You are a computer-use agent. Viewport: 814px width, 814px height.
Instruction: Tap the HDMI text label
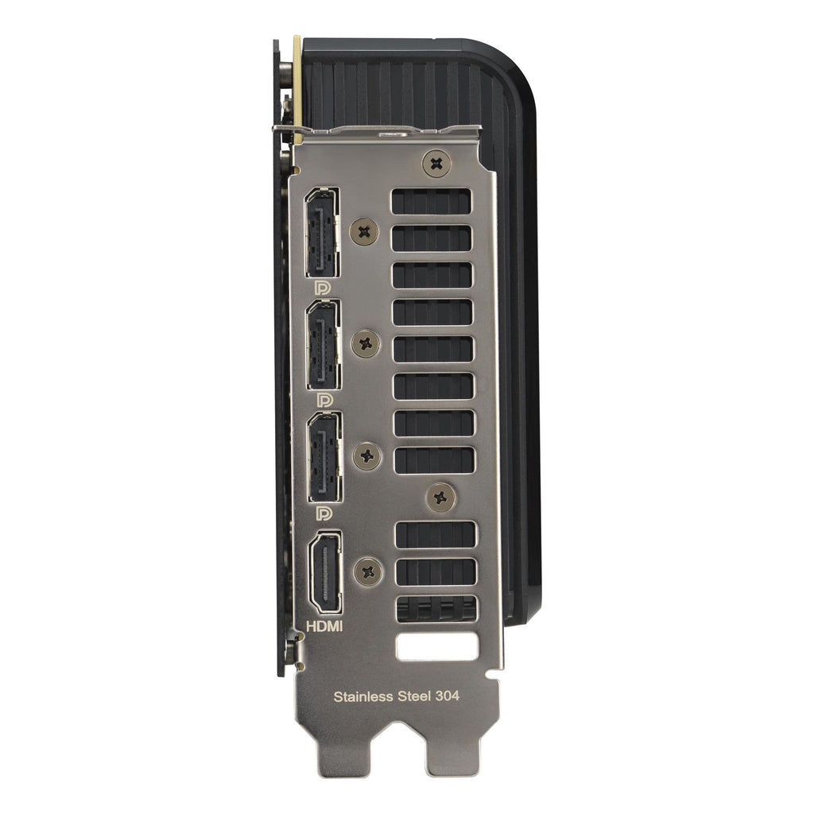(x=324, y=626)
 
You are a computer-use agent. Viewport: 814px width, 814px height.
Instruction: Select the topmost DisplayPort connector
(x=323, y=233)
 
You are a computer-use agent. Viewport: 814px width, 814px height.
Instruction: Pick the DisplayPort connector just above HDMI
(x=325, y=457)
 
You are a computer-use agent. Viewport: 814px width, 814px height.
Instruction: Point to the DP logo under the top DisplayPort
(x=323, y=288)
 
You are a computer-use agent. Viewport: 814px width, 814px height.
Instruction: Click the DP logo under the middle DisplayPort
(x=324, y=400)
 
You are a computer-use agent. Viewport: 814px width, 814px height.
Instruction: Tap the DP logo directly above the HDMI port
(x=324, y=513)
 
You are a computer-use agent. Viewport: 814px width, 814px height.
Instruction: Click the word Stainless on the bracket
(x=362, y=696)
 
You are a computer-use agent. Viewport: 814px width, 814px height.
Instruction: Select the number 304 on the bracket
(x=447, y=696)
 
